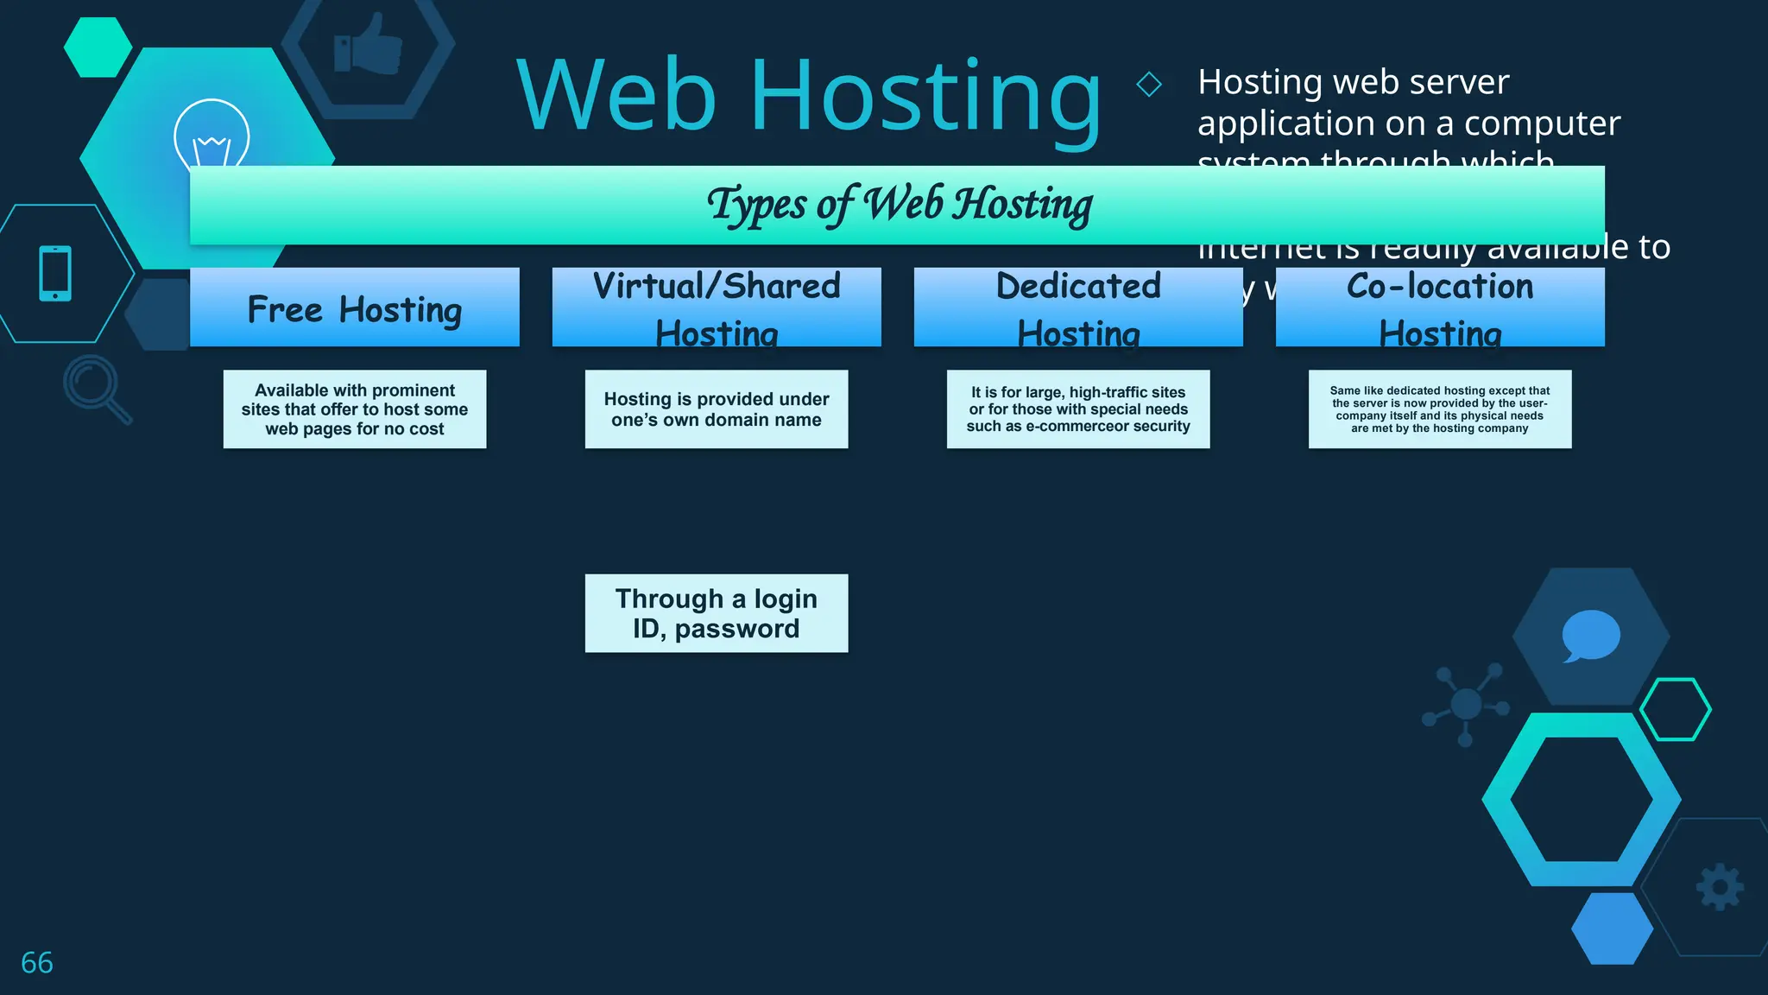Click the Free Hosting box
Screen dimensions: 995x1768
click(354, 307)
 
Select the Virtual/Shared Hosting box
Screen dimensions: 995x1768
click(717, 307)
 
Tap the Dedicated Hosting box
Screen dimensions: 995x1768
click(1078, 307)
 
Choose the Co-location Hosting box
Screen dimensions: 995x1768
click(1440, 307)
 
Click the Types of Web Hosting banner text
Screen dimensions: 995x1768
click(900, 206)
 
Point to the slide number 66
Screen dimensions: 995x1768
click(37, 962)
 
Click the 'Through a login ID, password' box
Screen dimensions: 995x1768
click(717, 613)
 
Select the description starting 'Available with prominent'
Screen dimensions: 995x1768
click(355, 409)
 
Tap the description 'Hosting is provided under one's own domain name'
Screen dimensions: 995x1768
click(717, 409)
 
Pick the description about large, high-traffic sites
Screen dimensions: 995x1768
click(1078, 409)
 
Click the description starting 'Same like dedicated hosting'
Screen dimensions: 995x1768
click(1440, 409)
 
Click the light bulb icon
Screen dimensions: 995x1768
click(212, 136)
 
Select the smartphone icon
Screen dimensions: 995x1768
click(55, 274)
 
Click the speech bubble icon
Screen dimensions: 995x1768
click(1590, 636)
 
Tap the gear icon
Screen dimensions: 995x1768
click(1720, 887)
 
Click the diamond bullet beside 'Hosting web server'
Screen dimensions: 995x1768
click(1149, 85)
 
